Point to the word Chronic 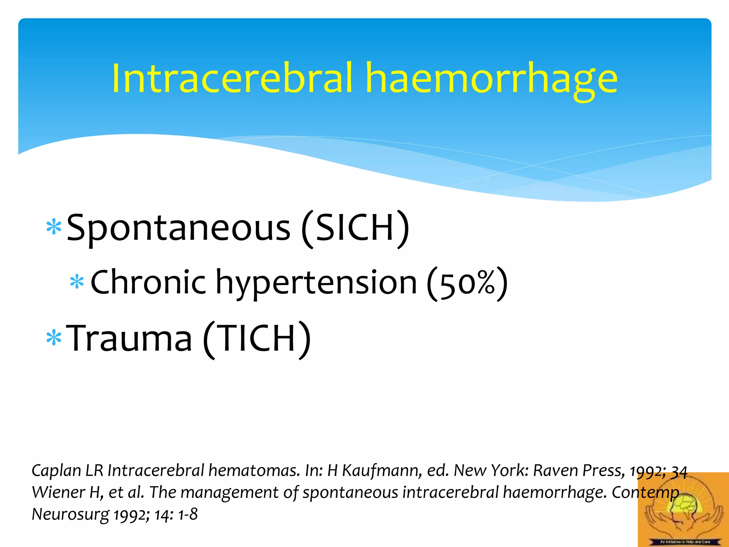pyautogui.click(x=148, y=282)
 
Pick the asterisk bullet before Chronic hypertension pyautogui.click(x=77, y=282)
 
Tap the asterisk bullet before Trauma pyautogui.click(x=54, y=338)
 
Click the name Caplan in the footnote pyautogui.click(x=57, y=471)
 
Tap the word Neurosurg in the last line pyautogui.click(x=70, y=515)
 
